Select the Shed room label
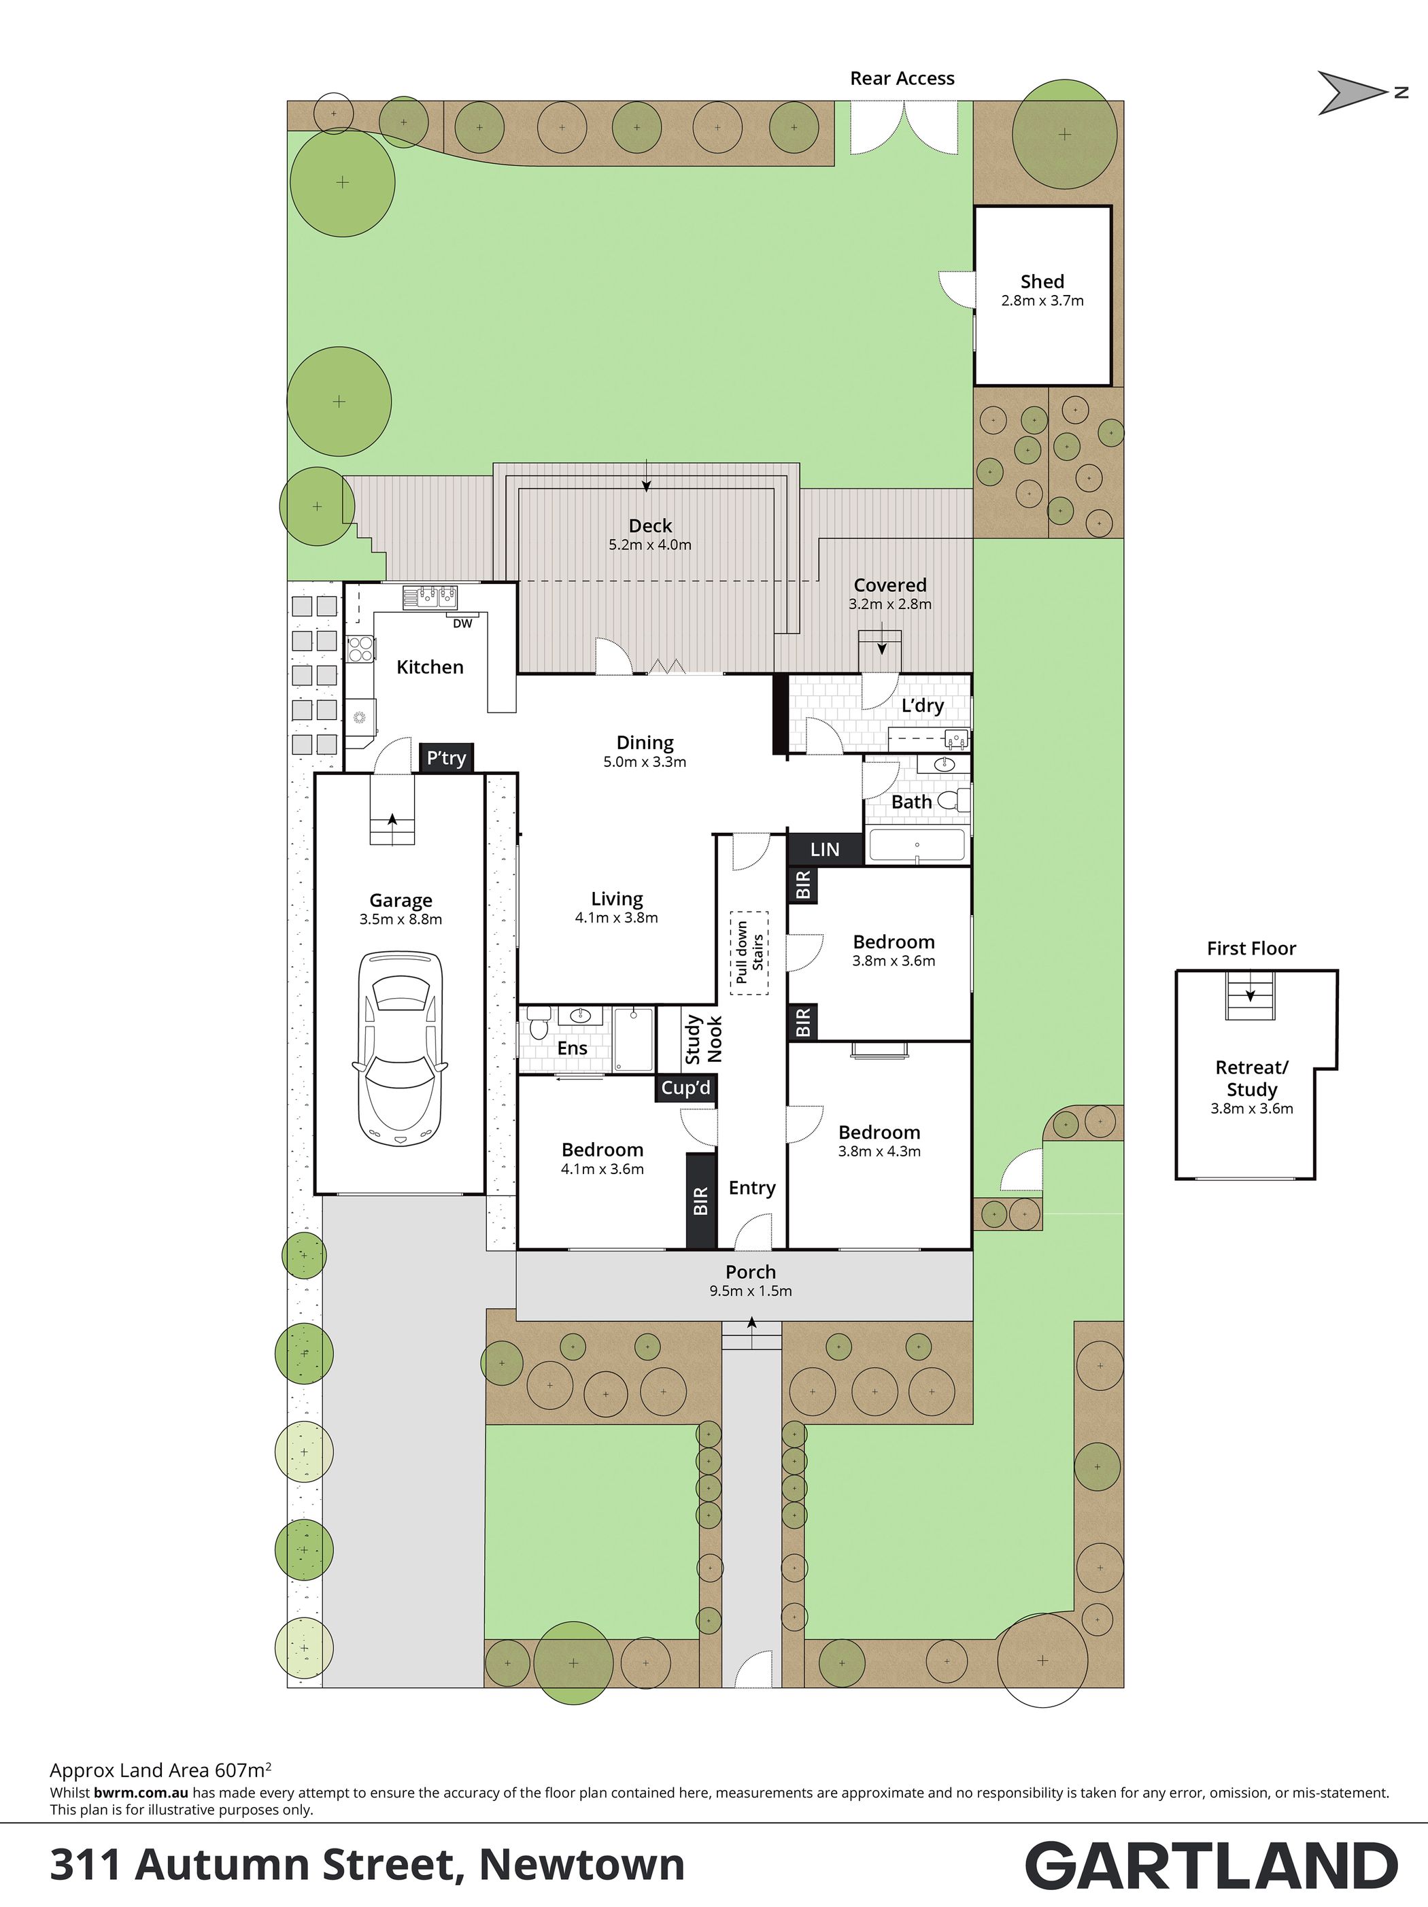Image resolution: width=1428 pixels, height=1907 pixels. tap(1042, 281)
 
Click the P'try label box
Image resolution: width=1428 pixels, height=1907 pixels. tap(446, 758)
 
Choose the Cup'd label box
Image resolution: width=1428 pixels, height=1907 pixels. tap(685, 1088)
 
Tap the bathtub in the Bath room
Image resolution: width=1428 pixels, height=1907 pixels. tap(917, 845)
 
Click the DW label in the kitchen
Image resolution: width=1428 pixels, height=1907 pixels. tap(462, 623)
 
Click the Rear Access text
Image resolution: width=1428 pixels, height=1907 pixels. tap(902, 78)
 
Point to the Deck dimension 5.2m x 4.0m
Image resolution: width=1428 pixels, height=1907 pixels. tap(650, 545)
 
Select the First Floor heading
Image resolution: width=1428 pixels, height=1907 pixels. tap(1251, 948)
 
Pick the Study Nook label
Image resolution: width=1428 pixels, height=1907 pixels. tap(704, 1039)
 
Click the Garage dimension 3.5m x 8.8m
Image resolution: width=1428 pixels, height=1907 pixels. tap(401, 919)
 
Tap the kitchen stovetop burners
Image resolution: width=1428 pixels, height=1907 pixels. tap(360, 649)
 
